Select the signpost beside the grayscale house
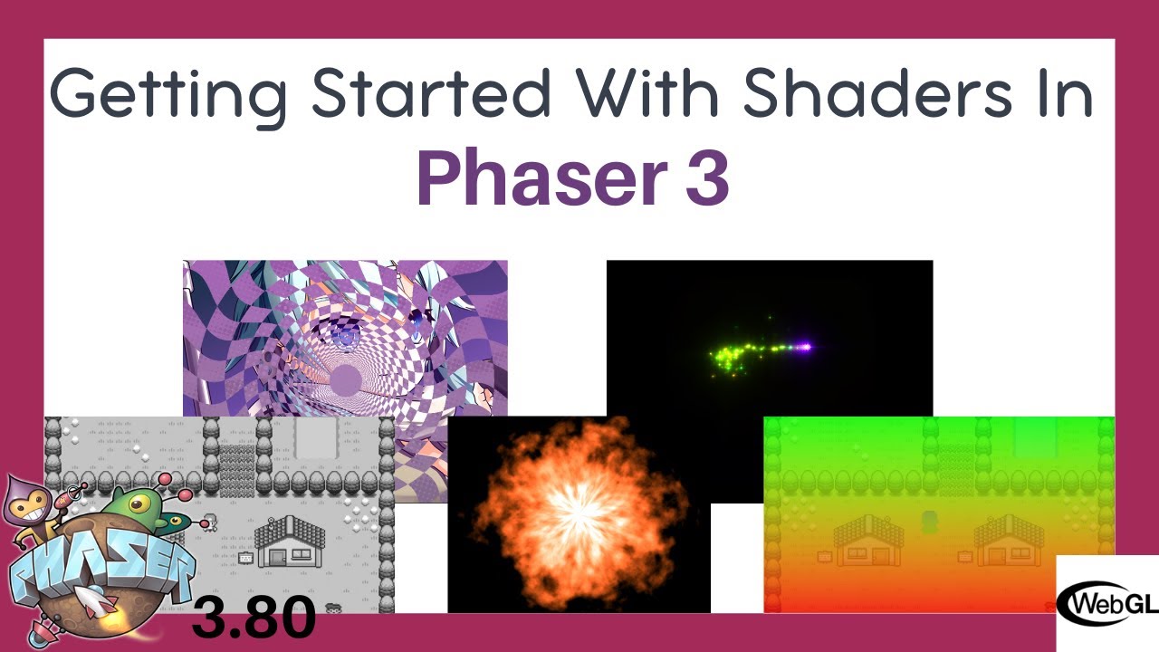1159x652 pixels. (245, 559)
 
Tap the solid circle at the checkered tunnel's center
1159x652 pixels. (344, 379)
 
